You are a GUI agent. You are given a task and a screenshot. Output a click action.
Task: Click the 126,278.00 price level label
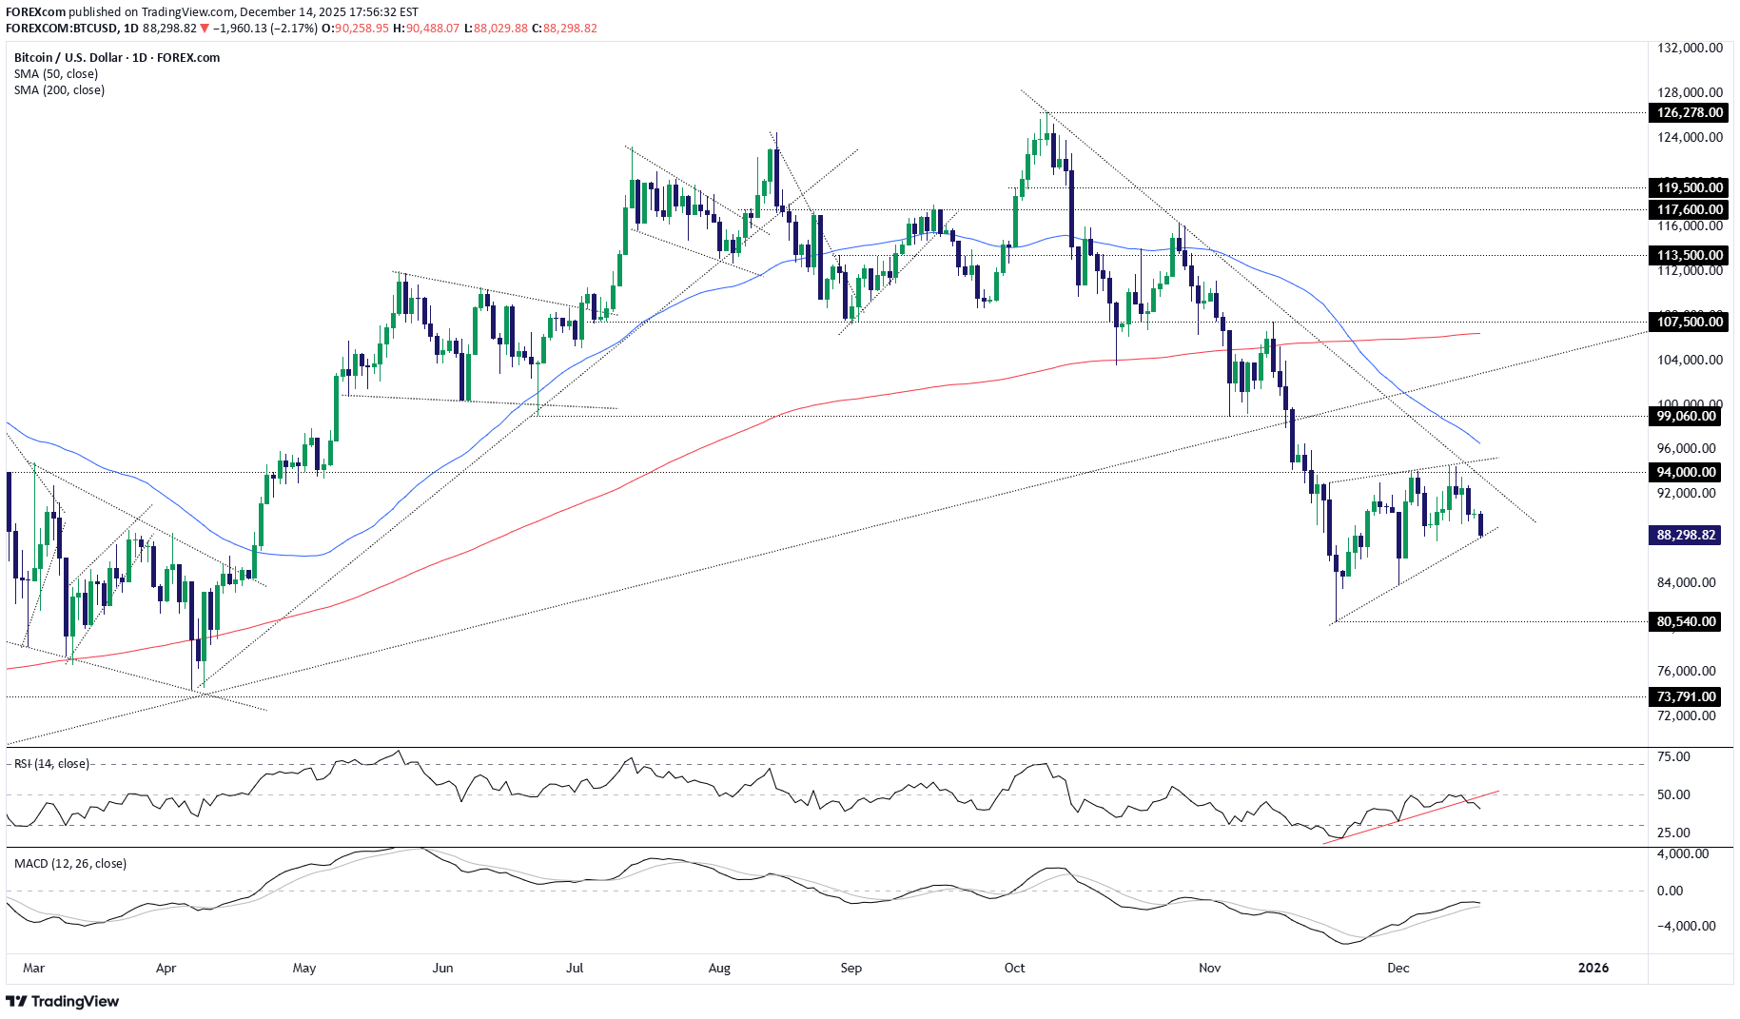1689,112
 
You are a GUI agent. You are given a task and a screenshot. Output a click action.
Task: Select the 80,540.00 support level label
1686,621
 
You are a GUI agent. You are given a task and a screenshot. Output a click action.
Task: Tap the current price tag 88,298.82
1686,535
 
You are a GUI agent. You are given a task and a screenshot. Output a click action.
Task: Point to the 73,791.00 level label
1686,696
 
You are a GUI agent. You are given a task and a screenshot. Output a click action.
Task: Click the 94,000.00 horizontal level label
1686,472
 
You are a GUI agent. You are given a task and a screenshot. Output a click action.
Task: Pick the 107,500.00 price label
1689,322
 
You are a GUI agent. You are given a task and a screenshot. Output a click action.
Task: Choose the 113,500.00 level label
1689,255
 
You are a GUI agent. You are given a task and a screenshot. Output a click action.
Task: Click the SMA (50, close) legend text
56,73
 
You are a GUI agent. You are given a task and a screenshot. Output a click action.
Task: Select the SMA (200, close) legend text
59,89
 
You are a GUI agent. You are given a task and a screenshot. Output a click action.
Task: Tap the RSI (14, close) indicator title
51,763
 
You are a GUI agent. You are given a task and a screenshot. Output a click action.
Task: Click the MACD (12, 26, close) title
70,863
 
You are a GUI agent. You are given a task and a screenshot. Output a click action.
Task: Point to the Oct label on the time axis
1014,968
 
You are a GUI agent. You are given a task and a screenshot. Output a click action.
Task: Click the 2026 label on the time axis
1593,968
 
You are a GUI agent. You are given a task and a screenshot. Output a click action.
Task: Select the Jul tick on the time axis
575,968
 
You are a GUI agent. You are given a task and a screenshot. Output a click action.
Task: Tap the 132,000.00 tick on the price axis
1690,48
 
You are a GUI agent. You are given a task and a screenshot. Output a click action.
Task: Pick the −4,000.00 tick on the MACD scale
1686,926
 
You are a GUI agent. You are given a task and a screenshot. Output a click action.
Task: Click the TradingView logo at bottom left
63,1001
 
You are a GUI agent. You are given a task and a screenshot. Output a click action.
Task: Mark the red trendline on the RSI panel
1408,816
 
